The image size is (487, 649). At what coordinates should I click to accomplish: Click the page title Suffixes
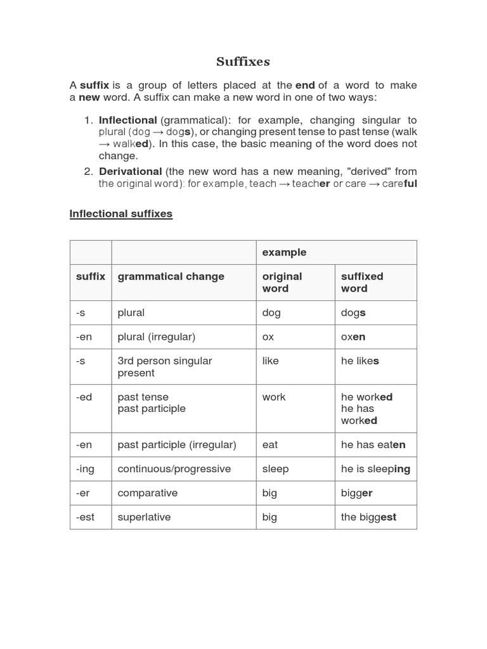coord(243,61)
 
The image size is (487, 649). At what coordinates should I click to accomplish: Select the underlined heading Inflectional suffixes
coord(120,214)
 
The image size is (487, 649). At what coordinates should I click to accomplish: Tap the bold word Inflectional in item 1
coord(127,120)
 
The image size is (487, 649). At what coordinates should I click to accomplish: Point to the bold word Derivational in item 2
coord(130,171)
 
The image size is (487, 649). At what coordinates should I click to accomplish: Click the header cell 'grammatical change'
coord(171,276)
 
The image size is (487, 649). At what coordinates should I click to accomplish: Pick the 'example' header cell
coord(284,252)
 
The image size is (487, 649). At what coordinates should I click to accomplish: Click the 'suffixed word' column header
coord(362,282)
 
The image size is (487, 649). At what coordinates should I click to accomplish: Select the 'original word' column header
coord(282,282)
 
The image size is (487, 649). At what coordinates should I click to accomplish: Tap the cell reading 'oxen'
coord(353,337)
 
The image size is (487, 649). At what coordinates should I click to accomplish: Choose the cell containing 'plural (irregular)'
coord(156,337)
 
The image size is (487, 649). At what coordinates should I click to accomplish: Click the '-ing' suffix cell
coord(85,468)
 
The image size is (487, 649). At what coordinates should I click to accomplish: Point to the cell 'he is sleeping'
coord(375,468)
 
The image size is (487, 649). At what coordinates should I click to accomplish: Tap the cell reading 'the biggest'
coord(368,517)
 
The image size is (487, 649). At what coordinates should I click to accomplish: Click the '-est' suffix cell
coord(85,517)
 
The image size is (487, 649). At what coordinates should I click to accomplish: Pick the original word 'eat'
coord(270,444)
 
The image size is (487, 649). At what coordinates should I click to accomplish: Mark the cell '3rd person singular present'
coord(165,366)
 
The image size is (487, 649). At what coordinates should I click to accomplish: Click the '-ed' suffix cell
coord(84,397)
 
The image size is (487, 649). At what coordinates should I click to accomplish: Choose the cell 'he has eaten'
coord(373,444)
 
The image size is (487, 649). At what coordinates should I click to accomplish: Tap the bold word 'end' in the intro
coord(305,85)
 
